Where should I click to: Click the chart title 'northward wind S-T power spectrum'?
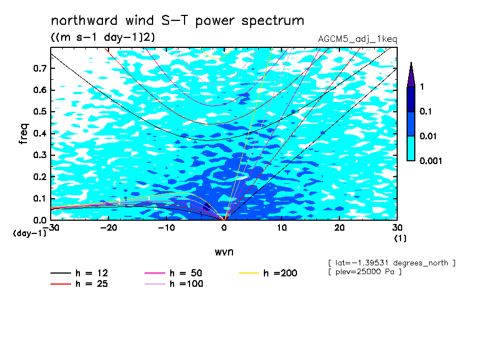[x=177, y=21]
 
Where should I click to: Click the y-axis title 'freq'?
[x=24, y=134]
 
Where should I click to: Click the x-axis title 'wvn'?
[x=224, y=252]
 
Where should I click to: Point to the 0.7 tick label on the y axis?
[x=40, y=68]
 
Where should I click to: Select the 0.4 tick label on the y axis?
[x=40, y=133]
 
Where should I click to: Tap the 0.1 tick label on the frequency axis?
[x=40, y=198]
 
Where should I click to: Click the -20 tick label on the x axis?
[x=109, y=228]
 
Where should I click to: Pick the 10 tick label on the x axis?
[x=282, y=228]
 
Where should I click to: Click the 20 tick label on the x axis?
[x=339, y=228]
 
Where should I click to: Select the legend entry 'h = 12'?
[x=79, y=273]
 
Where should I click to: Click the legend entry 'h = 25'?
[x=79, y=283]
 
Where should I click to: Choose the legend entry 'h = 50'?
[x=174, y=273]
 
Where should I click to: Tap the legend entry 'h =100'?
[x=174, y=283]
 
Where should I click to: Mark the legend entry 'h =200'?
[x=268, y=273]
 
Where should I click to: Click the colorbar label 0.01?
[x=428, y=137]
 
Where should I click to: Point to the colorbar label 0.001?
[x=431, y=161]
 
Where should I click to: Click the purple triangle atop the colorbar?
[x=412, y=75]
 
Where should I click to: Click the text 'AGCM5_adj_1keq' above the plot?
[x=358, y=39]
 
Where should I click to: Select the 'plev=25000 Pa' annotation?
[x=365, y=272]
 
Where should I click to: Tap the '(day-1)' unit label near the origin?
[x=29, y=233]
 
